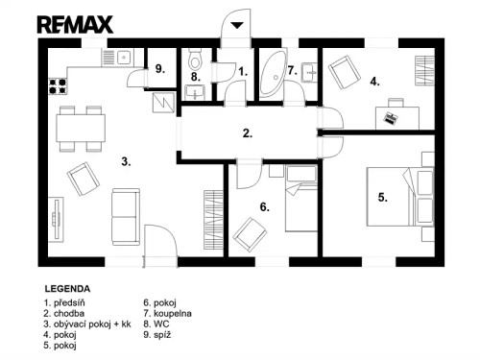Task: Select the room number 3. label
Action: [125, 161]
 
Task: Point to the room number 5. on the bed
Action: [382, 198]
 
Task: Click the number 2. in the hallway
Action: [247, 133]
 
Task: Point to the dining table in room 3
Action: [81, 127]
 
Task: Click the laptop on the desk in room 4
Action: [390, 117]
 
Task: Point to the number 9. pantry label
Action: [159, 69]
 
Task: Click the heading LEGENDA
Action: [67, 287]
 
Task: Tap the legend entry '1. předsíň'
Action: [65, 302]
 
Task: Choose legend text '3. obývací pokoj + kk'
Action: [86, 324]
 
